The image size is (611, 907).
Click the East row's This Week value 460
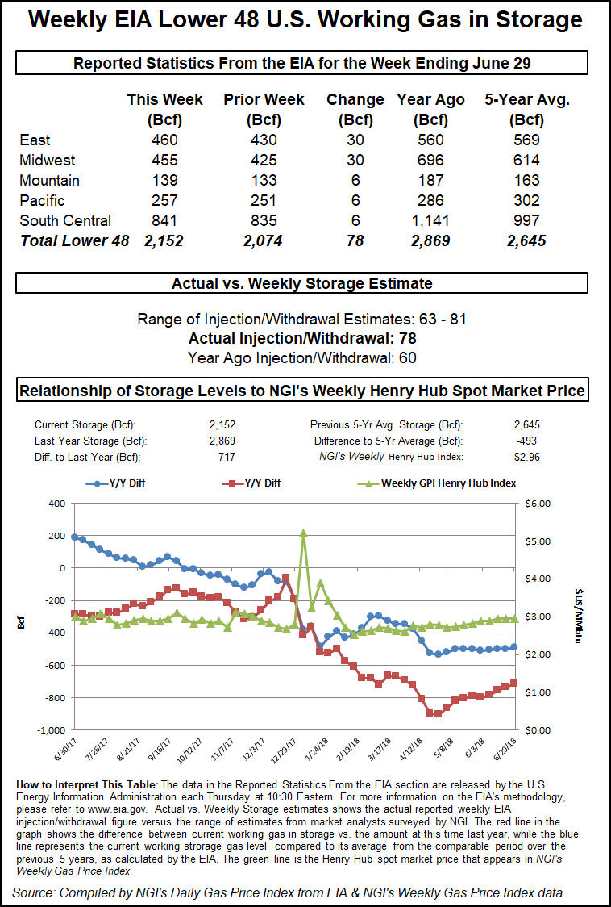click(x=164, y=140)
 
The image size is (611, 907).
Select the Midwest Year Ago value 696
click(x=430, y=161)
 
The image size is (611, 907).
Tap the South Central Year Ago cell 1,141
click(x=430, y=220)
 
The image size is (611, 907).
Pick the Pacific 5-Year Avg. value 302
click(x=527, y=200)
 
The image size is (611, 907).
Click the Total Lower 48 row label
click(x=74, y=240)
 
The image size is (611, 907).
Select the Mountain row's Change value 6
click(x=355, y=181)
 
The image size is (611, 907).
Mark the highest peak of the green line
click(x=304, y=533)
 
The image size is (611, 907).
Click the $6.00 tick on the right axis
click(x=538, y=504)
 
